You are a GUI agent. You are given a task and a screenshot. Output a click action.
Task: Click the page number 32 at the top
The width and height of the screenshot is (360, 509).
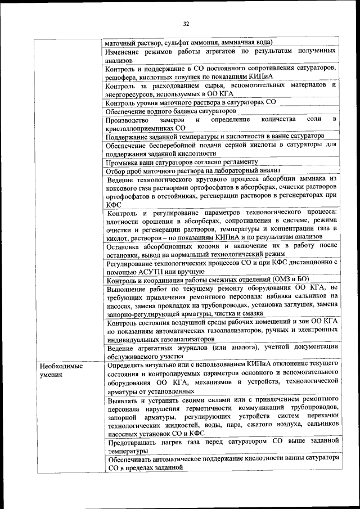(186, 23)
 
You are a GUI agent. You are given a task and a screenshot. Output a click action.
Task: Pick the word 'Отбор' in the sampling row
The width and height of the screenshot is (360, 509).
(116, 170)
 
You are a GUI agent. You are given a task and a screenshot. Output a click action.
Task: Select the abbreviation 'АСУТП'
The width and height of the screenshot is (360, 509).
(145, 272)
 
